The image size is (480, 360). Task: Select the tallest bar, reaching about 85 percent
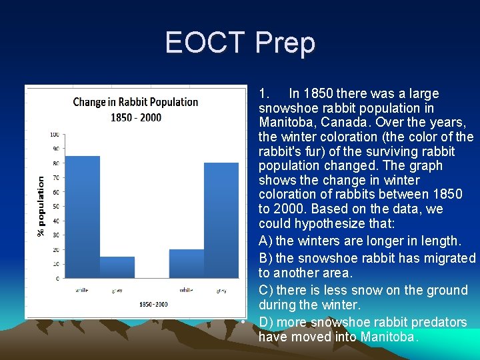pyautogui.click(x=83, y=217)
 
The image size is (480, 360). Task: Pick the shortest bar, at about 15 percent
pyautogui.click(x=117, y=267)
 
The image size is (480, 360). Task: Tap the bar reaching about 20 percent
pyautogui.click(x=187, y=264)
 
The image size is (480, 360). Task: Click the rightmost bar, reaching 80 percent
pyautogui.click(x=221, y=220)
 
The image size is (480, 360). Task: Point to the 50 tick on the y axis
pyautogui.click(x=55, y=207)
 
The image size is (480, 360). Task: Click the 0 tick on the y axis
pyautogui.click(x=57, y=278)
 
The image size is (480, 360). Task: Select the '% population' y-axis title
pyautogui.click(x=41, y=206)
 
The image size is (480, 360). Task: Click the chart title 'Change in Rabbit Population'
pyautogui.click(x=135, y=102)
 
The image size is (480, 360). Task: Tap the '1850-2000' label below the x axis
pyautogui.click(x=153, y=304)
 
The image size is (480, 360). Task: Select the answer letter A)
pyautogui.click(x=265, y=241)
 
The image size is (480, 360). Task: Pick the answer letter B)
pyautogui.click(x=265, y=258)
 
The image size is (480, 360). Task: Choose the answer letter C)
pyautogui.click(x=265, y=290)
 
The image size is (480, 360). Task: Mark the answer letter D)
pyautogui.click(x=265, y=322)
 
